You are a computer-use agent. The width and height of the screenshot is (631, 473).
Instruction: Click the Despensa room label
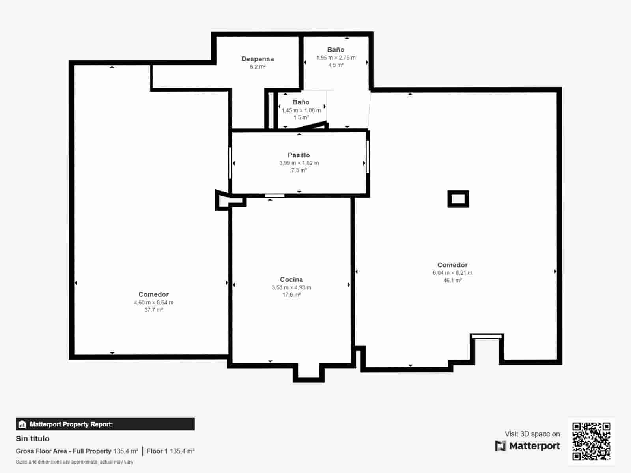tap(258, 59)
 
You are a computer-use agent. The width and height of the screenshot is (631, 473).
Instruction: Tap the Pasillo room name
tap(299, 155)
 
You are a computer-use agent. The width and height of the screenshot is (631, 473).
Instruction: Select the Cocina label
tap(291, 279)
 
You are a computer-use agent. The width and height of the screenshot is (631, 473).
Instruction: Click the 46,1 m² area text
tap(452, 280)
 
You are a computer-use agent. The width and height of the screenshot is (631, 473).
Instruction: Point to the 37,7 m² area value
tap(153, 310)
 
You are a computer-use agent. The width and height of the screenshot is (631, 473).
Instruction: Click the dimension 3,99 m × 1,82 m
tap(299, 163)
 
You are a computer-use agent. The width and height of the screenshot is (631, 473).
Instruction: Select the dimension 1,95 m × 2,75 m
tap(336, 58)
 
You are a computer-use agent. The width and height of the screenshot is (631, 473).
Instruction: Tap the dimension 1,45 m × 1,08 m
tap(301, 110)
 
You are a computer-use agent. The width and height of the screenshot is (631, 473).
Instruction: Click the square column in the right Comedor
tap(458, 199)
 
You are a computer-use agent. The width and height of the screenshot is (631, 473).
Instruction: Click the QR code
tap(591, 441)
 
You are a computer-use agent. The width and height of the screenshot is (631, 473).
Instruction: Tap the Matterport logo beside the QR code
tap(528, 446)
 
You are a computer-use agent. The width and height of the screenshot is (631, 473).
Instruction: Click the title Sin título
tap(32, 439)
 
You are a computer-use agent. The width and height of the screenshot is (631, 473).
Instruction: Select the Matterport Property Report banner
tap(105, 424)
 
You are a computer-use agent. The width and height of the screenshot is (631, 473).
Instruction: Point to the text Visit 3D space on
tap(532, 434)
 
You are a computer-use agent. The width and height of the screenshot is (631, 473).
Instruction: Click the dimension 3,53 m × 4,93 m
tap(291, 287)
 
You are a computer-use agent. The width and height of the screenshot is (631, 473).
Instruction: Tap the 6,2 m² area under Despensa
tap(258, 67)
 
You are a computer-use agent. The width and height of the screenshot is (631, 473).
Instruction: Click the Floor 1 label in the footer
tap(157, 451)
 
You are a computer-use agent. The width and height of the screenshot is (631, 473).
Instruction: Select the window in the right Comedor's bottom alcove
tap(487, 336)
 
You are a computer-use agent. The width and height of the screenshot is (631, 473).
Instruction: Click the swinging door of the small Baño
tap(312, 126)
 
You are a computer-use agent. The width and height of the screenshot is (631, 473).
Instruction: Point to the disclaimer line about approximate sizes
tap(74, 462)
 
